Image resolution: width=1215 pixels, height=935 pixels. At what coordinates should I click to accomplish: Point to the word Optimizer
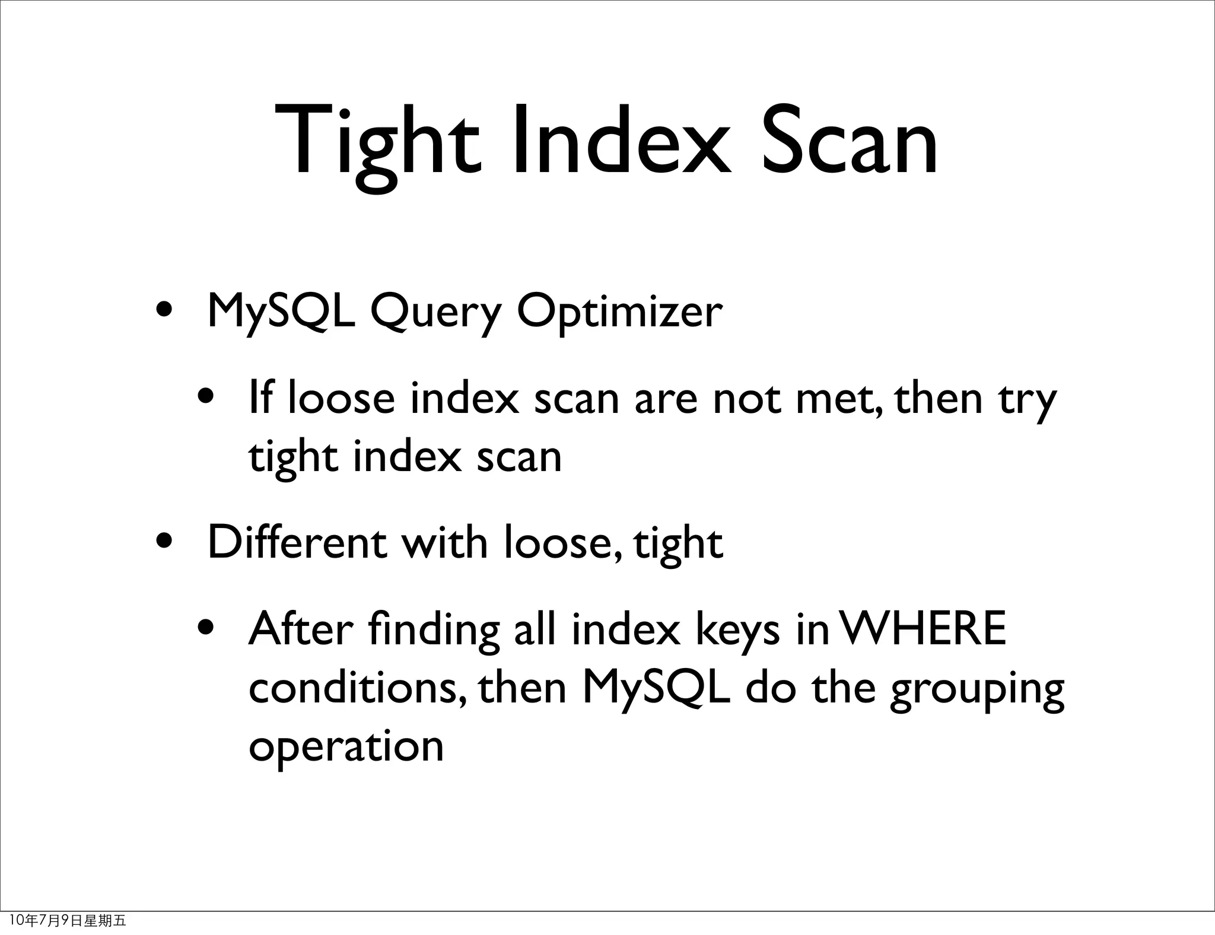tap(619, 313)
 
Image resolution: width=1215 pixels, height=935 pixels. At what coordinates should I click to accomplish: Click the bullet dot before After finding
tap(206, 628)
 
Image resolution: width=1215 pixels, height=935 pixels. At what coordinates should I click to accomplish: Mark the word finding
tap(433, 630)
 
